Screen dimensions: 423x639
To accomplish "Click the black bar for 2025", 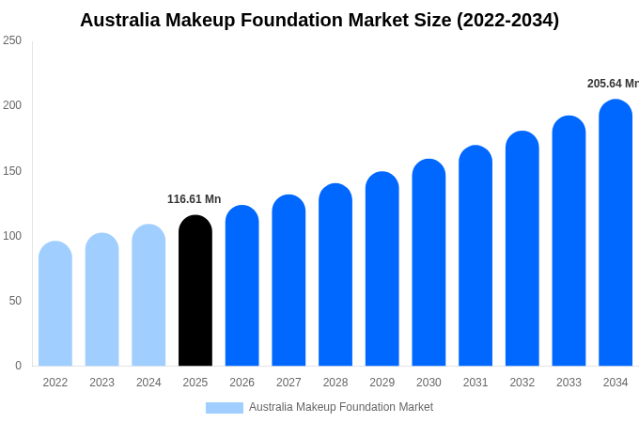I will coord(195,291).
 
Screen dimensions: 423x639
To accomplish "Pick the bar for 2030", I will coord(429,263).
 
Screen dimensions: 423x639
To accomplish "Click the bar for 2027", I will coord(288,281).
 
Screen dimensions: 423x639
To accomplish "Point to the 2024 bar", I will coord(148,295).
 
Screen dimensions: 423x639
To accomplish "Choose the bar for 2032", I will coord(522,249).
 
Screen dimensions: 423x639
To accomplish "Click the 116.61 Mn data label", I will coord(194,199).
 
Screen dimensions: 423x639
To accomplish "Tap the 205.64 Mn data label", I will coord(613,84).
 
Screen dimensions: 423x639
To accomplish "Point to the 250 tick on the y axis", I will coord(12,40).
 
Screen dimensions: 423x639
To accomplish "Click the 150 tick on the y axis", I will coord(12,171).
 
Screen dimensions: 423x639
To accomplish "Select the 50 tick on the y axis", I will coord(15,301).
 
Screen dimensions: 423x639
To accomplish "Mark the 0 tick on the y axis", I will coord(18,366).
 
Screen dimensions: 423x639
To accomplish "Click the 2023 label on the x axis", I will coord(101,383).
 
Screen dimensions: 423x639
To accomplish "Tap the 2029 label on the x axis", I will coord(382,383).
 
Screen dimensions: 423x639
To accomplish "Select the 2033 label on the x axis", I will coord(569,383).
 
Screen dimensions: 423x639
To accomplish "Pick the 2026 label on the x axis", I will coord(242,383).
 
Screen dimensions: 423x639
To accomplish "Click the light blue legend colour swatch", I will coord(224,408).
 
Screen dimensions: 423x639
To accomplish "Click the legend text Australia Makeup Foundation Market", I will coord(341,407).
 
